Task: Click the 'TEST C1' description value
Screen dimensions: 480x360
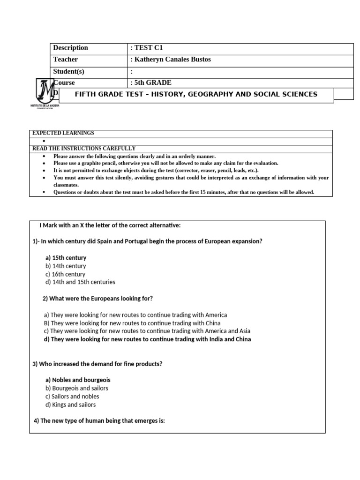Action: point(148,48)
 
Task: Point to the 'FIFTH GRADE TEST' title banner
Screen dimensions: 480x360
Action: point(196,95)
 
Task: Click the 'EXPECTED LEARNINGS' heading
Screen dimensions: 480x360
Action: point(63,133)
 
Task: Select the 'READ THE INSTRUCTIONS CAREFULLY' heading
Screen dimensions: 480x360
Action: point(84,149)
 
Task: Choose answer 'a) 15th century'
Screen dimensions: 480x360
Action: point(66,258)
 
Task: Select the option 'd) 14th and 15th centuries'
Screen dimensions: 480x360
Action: point(80,282)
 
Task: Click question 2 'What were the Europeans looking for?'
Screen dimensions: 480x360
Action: point(97,299)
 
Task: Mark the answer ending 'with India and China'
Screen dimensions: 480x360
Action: point(147,339)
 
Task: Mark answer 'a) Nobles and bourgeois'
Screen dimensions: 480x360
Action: point(78,380)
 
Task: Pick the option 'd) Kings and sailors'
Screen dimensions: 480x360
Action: point(70,405)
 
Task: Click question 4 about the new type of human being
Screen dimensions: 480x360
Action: point(99,421)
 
